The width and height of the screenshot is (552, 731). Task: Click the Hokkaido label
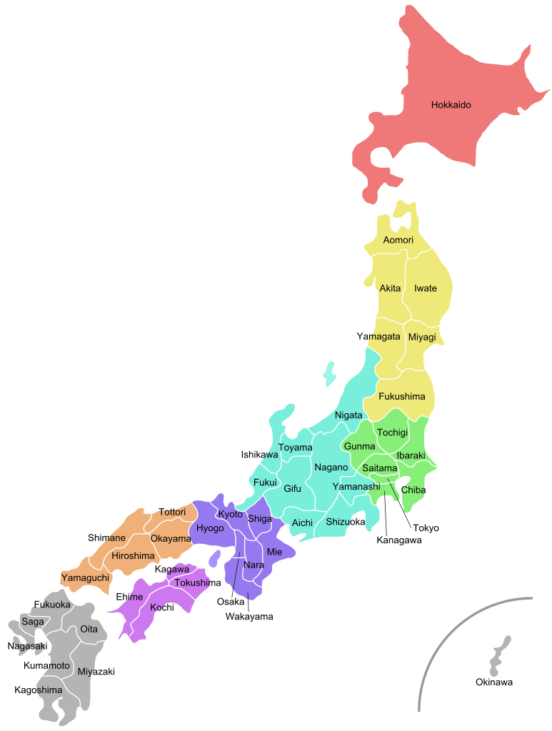pyautogui.click(x=451, y=105)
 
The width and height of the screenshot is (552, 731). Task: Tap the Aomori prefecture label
pyautogui.click(x=398, y=240)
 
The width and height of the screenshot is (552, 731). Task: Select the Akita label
pyautogui.click(x=390, y=288)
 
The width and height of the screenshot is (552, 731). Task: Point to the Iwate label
pyautogui.click(x=426, y=288)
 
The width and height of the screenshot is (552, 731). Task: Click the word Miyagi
pyautogui.click(x=422, y=337)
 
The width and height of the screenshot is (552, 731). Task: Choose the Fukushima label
pyautogui.click(x=401, y=396)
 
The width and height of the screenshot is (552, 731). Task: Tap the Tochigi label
pyautogui.click(x=392, y=433)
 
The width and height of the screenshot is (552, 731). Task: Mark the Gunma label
pyautogui.click(x=359, y=446)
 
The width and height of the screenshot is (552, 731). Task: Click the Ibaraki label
pyautogui.click(x=411, y=455)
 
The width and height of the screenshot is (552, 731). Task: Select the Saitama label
pyautogui.click(x=379, y=468)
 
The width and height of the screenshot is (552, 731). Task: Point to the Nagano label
pyautogui.click(x=331, y=468)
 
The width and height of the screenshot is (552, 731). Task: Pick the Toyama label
pyautogui.click(x=295, y=448)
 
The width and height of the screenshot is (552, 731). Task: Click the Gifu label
pyautogui.click(x=292, y=489)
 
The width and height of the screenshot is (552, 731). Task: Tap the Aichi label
pyautogui.click(x=302, y=523)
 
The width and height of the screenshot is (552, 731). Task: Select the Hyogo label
pyautogui.click(x=210, y=528)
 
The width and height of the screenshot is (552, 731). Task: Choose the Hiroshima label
pyautogui.click(x=133, y=555)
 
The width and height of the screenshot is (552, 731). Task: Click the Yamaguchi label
pyautogui.click(x=85, y=577)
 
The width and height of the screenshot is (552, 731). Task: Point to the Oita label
pyautogui.click(x=89, y=629)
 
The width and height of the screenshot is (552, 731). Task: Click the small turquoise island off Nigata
pyautogui.click(x=329, y=373)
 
